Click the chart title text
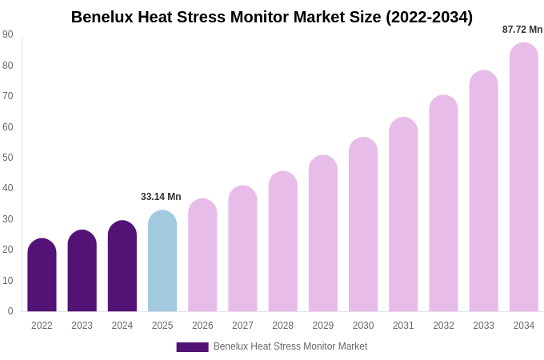[x=271, y=17]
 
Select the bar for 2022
[x=42, y=275]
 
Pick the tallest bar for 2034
[x=523, y=178]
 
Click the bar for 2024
[x=122, y=266]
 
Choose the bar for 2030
[x=363, y=225]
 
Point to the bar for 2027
[x=242, y=249]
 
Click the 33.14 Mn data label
[x=161, y=197]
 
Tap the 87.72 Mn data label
[x=522, y=30]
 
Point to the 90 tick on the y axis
[x=8, y=34]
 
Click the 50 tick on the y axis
[x=8, y=158]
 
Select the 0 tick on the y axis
[x=10, y=311]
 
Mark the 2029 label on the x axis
[x=323, y=326]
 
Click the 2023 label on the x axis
[x=82, y=326]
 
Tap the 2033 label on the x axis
[x=483, y=326]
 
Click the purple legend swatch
[x=192, y=347]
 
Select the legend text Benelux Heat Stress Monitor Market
[x=290, y=346]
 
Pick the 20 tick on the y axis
[x=8, y=250]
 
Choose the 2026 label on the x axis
[x=202, y=326]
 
